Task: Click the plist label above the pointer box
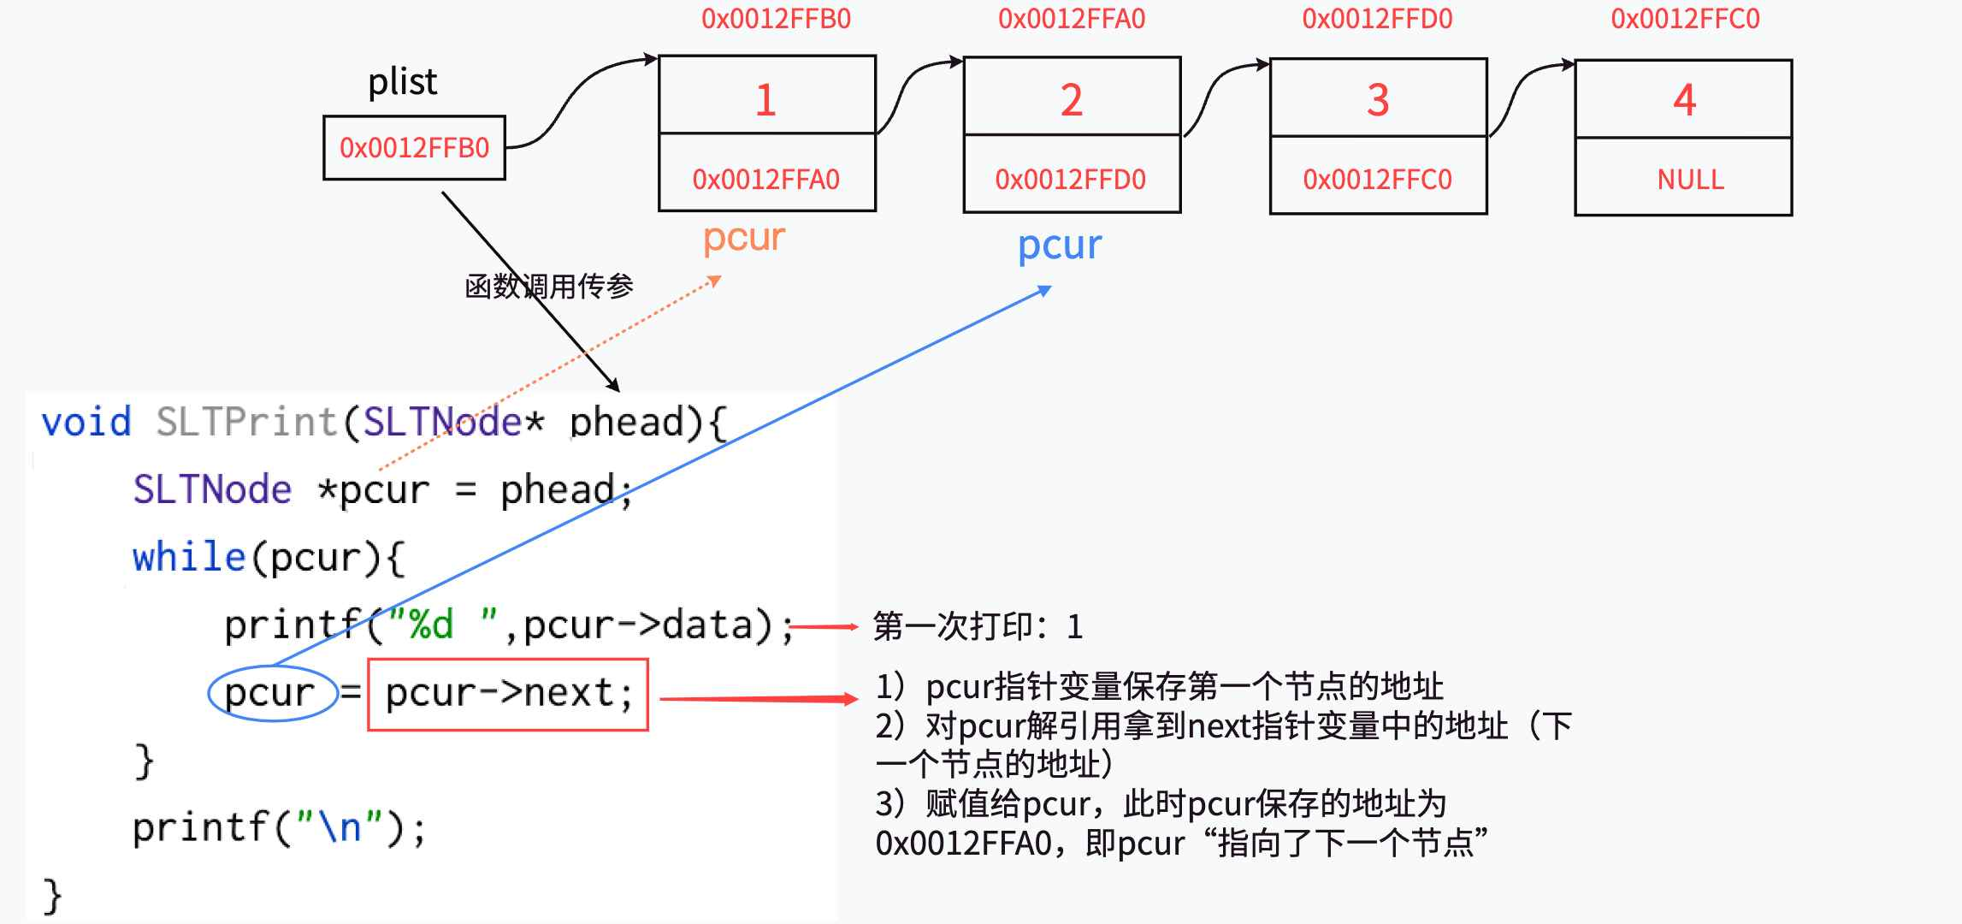coord(402,83)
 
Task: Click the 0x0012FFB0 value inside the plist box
coord(414,148)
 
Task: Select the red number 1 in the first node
coord(765,100)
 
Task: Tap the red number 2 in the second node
coord(1072,100)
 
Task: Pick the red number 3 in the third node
coord(1378,100)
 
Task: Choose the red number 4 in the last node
coord(1684,100)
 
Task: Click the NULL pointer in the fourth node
coord(1690,180)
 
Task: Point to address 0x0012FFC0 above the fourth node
coord(1685,19)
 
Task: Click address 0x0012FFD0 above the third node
coord(1377,19)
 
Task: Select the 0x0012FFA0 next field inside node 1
coord(765,180)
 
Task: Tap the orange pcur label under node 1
coord(743,237)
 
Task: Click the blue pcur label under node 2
coord(1059,246)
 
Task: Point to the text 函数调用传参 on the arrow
coord(548,286)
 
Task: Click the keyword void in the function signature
coord(86,422)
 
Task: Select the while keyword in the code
coord(189,557)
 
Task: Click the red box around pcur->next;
coord(508,694)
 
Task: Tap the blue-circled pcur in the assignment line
coord(270,693)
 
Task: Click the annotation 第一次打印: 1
coord(978,627)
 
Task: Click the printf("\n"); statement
coord(279,828)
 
